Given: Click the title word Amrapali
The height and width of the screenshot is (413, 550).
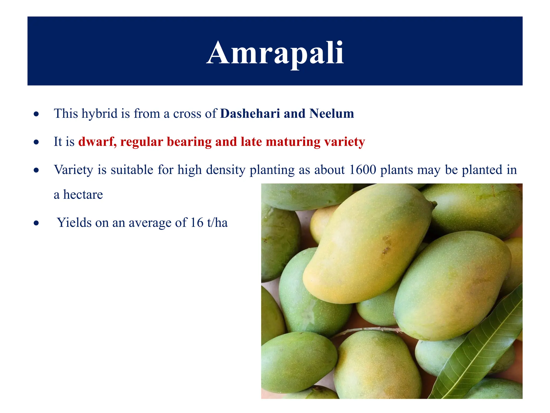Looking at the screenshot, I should pos(275,53).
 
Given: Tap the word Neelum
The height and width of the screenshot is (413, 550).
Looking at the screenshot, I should pos(331,113).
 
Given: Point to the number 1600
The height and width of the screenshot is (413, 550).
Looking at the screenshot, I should pos(363,170).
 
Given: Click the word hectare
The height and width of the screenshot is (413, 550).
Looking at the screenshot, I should pos(83,194).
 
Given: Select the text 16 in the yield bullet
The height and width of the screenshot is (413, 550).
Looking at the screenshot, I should pos(197,223).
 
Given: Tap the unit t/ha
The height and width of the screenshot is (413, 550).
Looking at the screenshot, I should pos(217,223).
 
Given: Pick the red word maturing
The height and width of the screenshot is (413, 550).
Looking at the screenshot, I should pos(293,142).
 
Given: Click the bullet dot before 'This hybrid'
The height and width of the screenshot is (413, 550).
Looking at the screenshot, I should pos(36,114).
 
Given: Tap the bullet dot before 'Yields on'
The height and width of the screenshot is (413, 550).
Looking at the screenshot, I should pos(36,223).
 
